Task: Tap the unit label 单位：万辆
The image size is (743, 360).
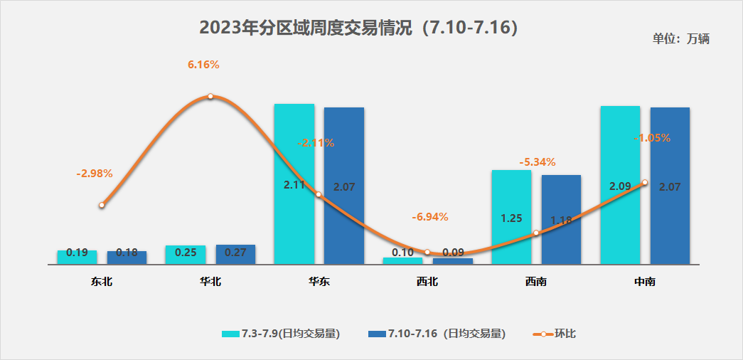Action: point(680,39)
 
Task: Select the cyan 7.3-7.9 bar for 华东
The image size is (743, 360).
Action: point(294,184)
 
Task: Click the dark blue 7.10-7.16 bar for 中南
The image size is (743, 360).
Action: point(670,186)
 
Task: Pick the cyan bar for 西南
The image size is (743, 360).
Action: point(511,217)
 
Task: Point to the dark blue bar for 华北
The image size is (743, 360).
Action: point(235,254)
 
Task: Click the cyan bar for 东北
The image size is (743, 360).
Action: point(77,257)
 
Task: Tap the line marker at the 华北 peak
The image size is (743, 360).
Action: point(210,96)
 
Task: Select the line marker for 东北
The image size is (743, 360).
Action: point(102,205)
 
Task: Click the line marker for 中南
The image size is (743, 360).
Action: point(645,183)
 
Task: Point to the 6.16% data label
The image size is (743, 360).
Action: point(203,65)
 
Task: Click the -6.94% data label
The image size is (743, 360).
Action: point(430,216)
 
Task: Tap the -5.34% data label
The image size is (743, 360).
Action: point(538,162)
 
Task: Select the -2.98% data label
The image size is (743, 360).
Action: point(95,173)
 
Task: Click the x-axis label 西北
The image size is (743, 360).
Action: point(427,282)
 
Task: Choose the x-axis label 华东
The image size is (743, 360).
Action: point(319,282)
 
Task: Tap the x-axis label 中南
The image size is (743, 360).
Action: point(645,282)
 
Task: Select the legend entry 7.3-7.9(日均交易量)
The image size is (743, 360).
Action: point(282,334)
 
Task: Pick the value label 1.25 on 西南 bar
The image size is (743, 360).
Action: point(512,218)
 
